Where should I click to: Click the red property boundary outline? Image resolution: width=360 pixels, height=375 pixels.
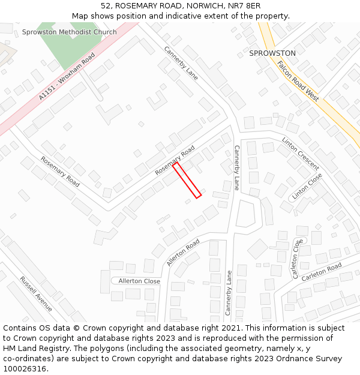pos(187,179)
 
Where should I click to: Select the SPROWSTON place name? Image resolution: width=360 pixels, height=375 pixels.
pos(272,53)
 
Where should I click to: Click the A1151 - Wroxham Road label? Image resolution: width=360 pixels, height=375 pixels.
pos(67,77)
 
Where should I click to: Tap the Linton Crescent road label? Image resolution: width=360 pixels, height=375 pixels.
pos(301,154)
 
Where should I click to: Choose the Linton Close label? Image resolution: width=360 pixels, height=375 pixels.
pos(307,187)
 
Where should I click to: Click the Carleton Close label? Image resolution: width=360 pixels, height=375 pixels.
pos(296,259)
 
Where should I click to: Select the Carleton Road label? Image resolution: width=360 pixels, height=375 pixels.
pos(322,272)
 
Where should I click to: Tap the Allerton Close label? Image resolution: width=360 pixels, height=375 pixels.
pos(139,281)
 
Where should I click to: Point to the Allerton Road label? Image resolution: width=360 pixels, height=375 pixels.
pos(183,253)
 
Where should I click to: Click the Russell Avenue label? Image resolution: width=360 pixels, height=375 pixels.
pos(36,293)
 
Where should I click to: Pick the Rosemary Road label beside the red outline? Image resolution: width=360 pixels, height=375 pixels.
pos(175,160)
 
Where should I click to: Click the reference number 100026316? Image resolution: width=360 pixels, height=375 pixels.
pos(26,368)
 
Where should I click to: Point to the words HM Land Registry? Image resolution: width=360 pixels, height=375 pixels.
pos(34,348)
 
